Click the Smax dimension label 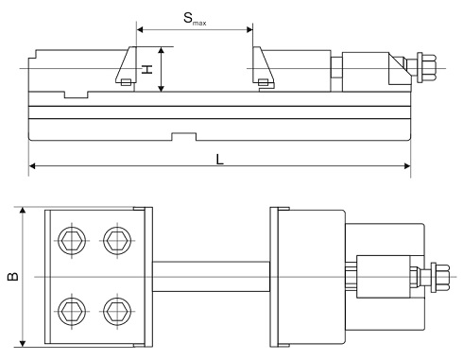point(195,19)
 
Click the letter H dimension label point(146,69)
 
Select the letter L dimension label point(219,160)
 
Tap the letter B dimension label point(13,276)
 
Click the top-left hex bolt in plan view point(72,241)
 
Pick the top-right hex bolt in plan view point(117,241)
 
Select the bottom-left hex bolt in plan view point(72,312)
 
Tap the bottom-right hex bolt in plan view point(117,312)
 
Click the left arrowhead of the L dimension point(32,166)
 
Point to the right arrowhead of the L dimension point(407,166)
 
